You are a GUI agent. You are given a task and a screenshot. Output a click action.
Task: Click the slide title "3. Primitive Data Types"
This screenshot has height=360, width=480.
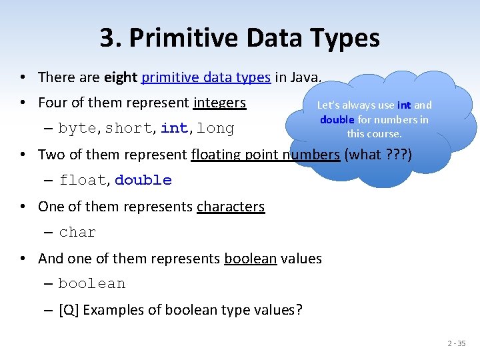pyautogui.click(x=240, y=38)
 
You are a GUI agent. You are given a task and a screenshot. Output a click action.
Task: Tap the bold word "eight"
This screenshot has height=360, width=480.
pyautogui.click(x=121, y=77)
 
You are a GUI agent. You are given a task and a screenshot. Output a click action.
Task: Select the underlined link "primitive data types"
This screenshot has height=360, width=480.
pyautogui.click(x=207, y=77)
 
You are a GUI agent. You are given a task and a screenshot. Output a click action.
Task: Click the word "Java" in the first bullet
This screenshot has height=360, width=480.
pyautogui.click(x=307, y=77)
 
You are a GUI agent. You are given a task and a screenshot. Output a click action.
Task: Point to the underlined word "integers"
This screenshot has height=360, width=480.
pyautogui.click(x=220, y=103)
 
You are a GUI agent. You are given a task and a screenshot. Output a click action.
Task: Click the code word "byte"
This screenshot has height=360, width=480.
pyautogui.click(x=79, y=128)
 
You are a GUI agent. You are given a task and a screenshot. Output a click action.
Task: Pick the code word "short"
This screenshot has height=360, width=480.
pyautogui.click(x=129, y=128)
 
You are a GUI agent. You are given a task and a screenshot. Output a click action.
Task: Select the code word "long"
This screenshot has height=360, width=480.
pyautogui.click(x=216, y=128)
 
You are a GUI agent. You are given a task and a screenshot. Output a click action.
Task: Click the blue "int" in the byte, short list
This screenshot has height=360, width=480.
pyautogui.click(x=174, y=128)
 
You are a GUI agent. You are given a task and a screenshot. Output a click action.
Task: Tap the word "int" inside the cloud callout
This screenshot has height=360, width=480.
pyautogui.click(x=404, y=105)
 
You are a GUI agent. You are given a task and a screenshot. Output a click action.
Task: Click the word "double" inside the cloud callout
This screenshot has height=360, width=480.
pyautogui.click(x=337, y=120)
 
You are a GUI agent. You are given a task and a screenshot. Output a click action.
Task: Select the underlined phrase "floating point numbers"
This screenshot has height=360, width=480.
pyautogui.click(x=265, y=155)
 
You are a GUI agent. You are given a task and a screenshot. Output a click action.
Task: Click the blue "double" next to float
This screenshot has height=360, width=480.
pyautogui.click(x=143, y=180)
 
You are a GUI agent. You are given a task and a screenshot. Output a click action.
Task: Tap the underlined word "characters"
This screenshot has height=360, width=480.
pyautogui.click(x=231, y=207)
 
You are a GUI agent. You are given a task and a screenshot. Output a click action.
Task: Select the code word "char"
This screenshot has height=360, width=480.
pyautogui.click(x=78, y=232)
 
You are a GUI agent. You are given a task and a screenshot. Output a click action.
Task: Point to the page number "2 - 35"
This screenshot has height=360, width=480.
pyautogui.click(x=457, y=343)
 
